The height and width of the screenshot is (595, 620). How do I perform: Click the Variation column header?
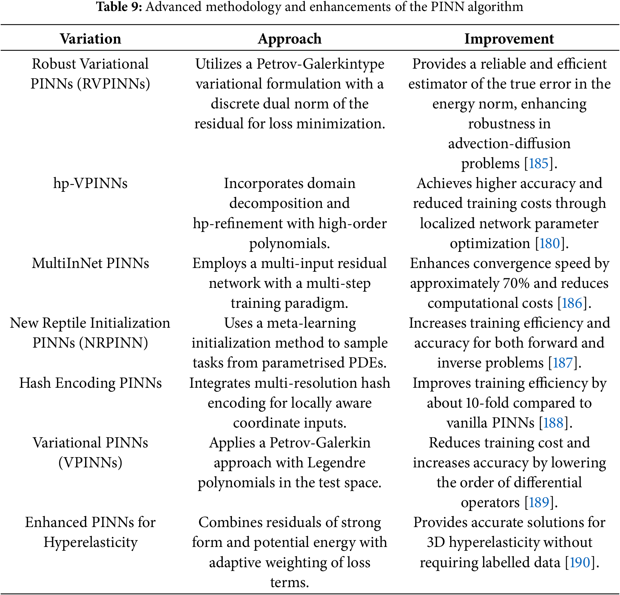(x=90, y=39)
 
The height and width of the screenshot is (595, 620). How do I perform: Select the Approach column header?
(x=290, y=39)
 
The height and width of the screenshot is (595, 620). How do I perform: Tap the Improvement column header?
(x=509, y=39)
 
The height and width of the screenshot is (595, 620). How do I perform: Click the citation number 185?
(x=538, y=163)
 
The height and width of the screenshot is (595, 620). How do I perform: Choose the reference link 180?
(x=550, y=243)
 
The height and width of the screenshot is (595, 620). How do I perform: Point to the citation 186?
(x=572, y=303)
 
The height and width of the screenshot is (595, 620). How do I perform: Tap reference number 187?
(x=563, y=363)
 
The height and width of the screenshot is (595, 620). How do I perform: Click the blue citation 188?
(x=553, y=422)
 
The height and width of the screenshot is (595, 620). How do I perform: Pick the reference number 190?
(x=580, y=562)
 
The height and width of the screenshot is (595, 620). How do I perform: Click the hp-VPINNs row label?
(x=90, y=183)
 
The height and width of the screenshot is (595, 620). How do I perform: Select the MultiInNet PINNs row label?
(x=90, y=263)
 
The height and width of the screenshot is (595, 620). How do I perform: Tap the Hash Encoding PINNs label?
(x=90, y=383)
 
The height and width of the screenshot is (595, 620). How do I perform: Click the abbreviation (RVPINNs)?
(x=114, y=84)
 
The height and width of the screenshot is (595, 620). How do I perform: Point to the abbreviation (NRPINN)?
(x=114, y=343)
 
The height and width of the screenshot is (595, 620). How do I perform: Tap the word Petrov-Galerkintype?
(x=320, y=64)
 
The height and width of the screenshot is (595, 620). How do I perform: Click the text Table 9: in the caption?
(x=119, y=7)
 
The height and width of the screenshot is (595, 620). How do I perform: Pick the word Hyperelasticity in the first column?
(x=90, y=542)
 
